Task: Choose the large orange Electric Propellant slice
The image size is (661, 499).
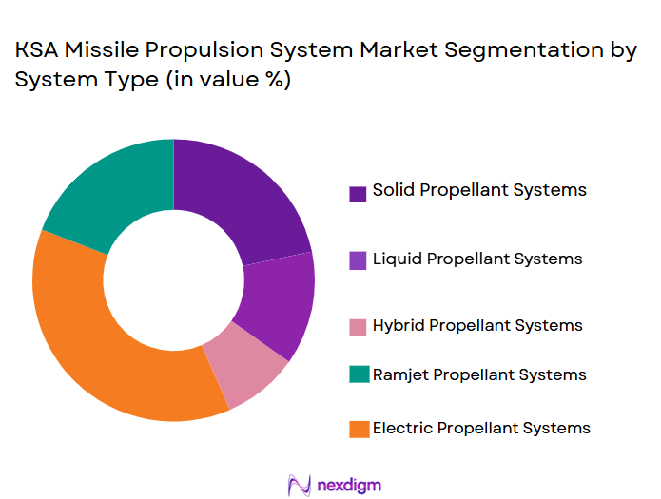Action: [x=105, y=342]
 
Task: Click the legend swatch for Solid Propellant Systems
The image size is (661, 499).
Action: [x=358, y=194]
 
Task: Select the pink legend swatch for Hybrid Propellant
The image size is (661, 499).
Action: [x=358, y=328]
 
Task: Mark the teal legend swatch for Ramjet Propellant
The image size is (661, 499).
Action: [x=358, y=376]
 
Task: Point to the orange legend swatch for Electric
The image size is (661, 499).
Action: [x=358, y=430]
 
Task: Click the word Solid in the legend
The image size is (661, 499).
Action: [x=392, y=190]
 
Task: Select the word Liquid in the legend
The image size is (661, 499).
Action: [x=396, y=259]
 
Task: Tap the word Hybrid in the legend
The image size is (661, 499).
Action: [x=398, y=326]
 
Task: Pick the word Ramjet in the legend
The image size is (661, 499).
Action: [x=400, y=374]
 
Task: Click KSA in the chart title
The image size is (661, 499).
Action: [x=36, y=52]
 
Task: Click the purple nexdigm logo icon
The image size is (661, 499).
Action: [x=300, y=485]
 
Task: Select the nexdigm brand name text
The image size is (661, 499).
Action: [x=350, y=485]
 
